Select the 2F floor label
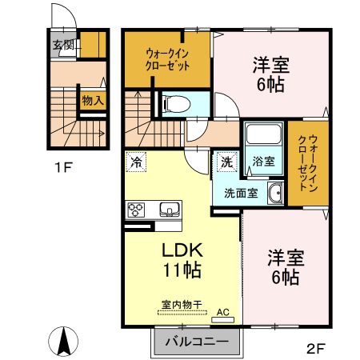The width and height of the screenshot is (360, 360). pyautogui.click(x=315, y=348)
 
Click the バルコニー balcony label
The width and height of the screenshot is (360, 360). pyautogui.click(x=191, y=342)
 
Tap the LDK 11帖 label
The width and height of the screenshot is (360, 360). pyautogui.click(x=182, y=260)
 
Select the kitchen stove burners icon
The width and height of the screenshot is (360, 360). pyautogui.click(x=134, y=210)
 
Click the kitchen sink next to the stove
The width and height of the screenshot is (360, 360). pyautogui.click(x=170, y=210)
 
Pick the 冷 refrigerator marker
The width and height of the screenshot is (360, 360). pyautogui.click(x=136, y=161)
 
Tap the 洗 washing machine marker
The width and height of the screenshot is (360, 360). pyautogui.click(x=226, y=161)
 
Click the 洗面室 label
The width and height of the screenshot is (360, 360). pyautogui.click(x=240, y=192)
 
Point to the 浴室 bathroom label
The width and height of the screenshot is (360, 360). pyautogui.click(x=263, y=162)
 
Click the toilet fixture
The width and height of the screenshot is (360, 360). pyautogui.click(x=177, y=103)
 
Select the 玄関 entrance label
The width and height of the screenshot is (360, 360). pyautogui.click(x=64, y=45)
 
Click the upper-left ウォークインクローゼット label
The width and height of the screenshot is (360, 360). pyautogui.click(x=167, y=60)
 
